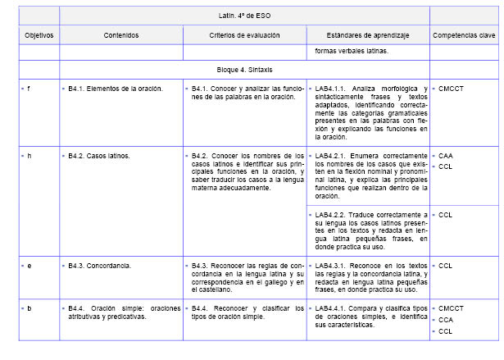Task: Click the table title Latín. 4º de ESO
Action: click(x=245, y=15)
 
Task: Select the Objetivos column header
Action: click(x=39, y=36)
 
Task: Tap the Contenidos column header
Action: click(x=121, y=36)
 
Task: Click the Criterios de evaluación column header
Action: click(x=244, y=36)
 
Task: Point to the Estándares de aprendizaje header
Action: click(x=368, y=36)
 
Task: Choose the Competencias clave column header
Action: click(x=463, y=36)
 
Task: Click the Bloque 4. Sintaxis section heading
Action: click(x=245, y=71)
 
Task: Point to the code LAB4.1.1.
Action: click(x=333, y=88)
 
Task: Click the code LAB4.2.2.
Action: click(x=333, y=215)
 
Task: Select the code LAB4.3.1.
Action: click(x=333, y=266)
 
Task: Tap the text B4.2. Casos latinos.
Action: click(x=99, y=155)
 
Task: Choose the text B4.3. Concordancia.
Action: click(x=102, y=266)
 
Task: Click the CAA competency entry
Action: click(x=446, y=155)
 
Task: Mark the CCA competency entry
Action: click(x=446, y=320)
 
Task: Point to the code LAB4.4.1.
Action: click(x=333, y=308)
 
